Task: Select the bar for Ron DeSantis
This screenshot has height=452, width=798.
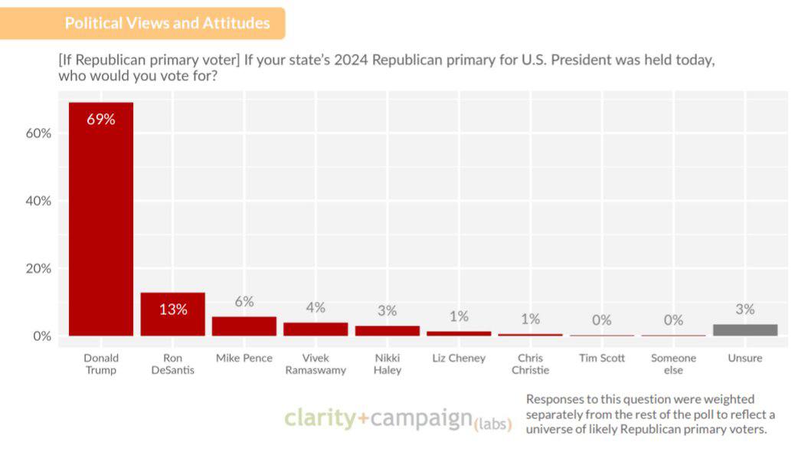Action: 172,314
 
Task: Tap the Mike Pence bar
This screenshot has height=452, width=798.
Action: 244,326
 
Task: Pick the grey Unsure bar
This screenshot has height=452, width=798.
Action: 744,330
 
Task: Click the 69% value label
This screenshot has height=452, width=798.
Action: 101,120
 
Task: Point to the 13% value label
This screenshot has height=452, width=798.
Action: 173,310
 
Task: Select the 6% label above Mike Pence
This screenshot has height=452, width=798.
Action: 244,302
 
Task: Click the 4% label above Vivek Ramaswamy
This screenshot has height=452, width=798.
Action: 316,307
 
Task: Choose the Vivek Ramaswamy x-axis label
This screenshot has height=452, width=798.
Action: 316,364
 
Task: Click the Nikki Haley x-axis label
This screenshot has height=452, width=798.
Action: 387,364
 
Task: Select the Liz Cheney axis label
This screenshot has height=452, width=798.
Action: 458,358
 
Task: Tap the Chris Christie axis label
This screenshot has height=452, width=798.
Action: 530,364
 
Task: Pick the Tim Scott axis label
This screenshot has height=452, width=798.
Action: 602,358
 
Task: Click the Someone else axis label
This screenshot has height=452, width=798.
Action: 673,364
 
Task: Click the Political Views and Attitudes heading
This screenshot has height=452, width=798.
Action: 167,23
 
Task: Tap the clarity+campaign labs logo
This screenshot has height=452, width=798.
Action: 397,419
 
